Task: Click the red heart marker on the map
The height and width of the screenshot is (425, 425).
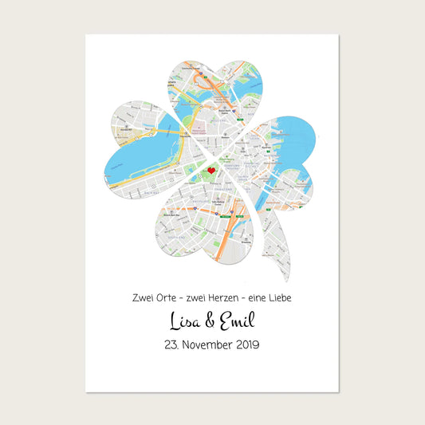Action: click(x=211, y=170)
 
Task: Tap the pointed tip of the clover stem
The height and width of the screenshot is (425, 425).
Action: click(x=288, y=281)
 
